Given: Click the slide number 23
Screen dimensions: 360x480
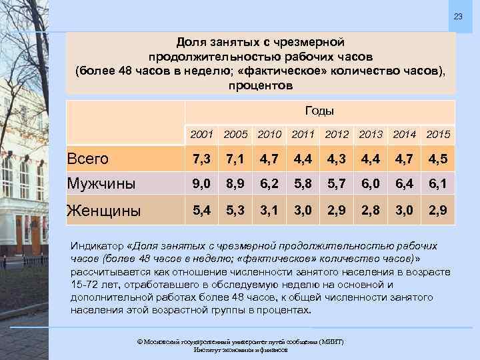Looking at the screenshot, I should click(x=458, y=16).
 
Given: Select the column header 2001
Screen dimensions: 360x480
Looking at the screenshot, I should click(x=201, y=135).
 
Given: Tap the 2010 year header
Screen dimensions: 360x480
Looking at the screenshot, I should click(x=270, y=135).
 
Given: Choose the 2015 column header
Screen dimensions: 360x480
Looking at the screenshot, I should click(x=437, y=135).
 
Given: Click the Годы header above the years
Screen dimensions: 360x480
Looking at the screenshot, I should click(x=319, y=111).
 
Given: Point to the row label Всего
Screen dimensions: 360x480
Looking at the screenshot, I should click(x=89, y=159).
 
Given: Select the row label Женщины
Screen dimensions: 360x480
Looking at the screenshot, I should click(x=104, y=211).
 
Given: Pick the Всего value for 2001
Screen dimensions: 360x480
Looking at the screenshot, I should click(x=202, y=159).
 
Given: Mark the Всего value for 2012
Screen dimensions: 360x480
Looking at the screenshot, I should click(x=337, y=159).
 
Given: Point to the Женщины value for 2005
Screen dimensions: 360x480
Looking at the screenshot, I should click(x=236, y=211).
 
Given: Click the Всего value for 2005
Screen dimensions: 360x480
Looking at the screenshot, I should click(x=236, y=159).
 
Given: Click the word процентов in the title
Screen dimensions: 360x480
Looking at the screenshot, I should click(x=260, y=86).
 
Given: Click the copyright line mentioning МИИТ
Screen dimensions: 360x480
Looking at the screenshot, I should click(x=239, y=341).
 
